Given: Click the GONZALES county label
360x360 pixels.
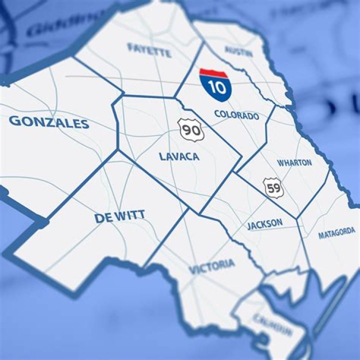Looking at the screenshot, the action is click(x=49, y=122).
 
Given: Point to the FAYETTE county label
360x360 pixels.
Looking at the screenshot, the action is click(x=149, y=49).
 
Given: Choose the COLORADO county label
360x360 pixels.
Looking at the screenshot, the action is click(x=236, y=115).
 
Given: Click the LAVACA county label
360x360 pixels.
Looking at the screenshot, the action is click(x=179, y=156).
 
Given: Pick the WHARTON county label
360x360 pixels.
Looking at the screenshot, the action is click(x=294, y=163).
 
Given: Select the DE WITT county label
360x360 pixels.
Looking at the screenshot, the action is click(x=119, y=217).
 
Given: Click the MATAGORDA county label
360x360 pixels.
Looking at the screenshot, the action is click(x=336, y=233).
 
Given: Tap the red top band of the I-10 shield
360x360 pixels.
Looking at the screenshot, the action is click(x=213, y=73).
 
